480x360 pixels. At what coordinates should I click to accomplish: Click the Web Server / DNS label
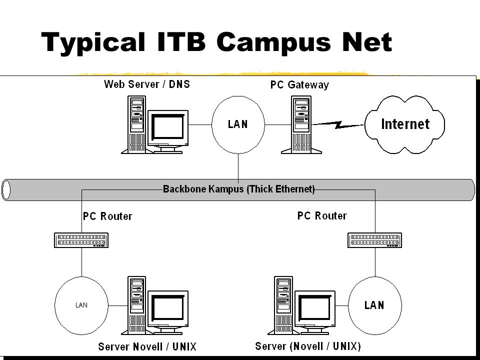(x=147, y=84)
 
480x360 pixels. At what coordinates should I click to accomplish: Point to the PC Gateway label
(x=299, y=85)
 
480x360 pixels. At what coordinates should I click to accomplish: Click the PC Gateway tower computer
(x=301, y=124)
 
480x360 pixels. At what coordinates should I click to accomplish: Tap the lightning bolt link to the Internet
(x=338, y=124)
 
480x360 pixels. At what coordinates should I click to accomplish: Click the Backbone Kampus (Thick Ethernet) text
(x=239, y=189)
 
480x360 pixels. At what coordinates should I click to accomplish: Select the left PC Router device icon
(x=81, y=240)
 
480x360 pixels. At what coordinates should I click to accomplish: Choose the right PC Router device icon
(x=374, y=240)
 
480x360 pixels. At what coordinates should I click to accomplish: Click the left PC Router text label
(x=107, y=216)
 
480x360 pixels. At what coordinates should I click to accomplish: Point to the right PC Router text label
(x=322, y=216)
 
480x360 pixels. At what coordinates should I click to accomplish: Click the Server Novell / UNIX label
(x=147, y=347)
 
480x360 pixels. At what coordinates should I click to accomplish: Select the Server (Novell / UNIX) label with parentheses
(x=308, y=346)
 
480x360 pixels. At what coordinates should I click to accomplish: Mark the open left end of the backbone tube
(x=6, y=190)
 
